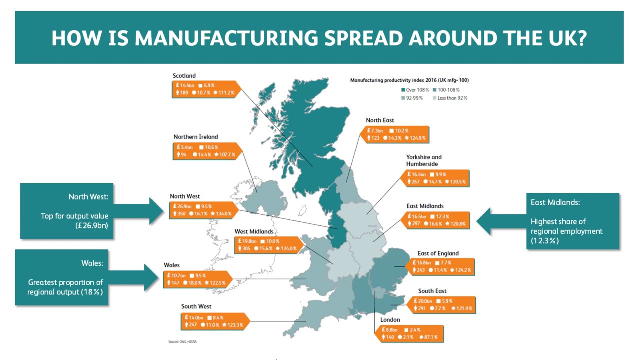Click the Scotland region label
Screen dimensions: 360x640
point(184,76)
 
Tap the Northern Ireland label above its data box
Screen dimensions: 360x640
point(196,137)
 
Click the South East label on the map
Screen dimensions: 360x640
point(432,291)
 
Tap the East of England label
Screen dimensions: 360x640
point(438,253)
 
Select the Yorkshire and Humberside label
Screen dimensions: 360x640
point(424,160)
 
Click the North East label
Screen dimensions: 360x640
point(380,120)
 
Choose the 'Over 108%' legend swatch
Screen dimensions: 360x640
point(403,90)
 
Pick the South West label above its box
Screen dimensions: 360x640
point(196,306)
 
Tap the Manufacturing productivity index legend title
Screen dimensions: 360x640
point(409,80)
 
